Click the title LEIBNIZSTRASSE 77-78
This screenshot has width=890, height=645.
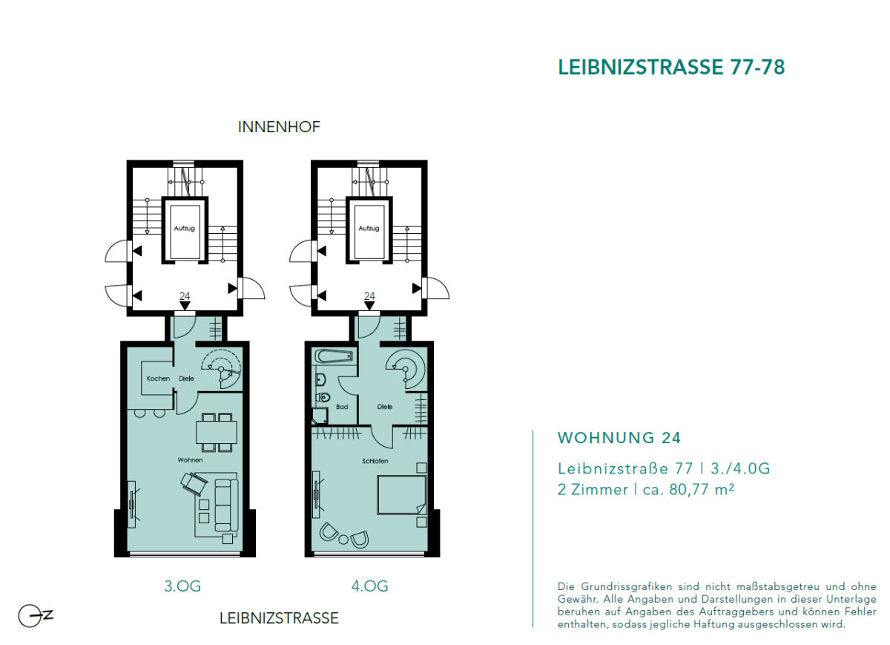670,67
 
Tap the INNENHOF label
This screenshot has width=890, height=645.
279,127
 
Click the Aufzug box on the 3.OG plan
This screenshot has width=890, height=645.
184,229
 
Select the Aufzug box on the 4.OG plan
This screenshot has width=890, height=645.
369,229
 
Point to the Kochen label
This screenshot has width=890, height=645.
158,379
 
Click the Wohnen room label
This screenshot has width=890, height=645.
190,460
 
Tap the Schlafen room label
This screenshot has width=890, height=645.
375,461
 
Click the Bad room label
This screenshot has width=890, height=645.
342,407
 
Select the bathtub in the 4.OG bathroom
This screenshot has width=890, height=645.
333,356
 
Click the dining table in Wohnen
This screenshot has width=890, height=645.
216,431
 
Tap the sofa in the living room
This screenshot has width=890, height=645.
226,505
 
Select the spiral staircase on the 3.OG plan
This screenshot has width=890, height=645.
221,367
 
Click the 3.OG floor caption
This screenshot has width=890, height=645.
182,586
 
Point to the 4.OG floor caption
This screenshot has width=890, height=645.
369,586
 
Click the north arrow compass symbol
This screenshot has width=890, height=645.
33,616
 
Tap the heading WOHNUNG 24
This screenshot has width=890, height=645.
619,438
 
